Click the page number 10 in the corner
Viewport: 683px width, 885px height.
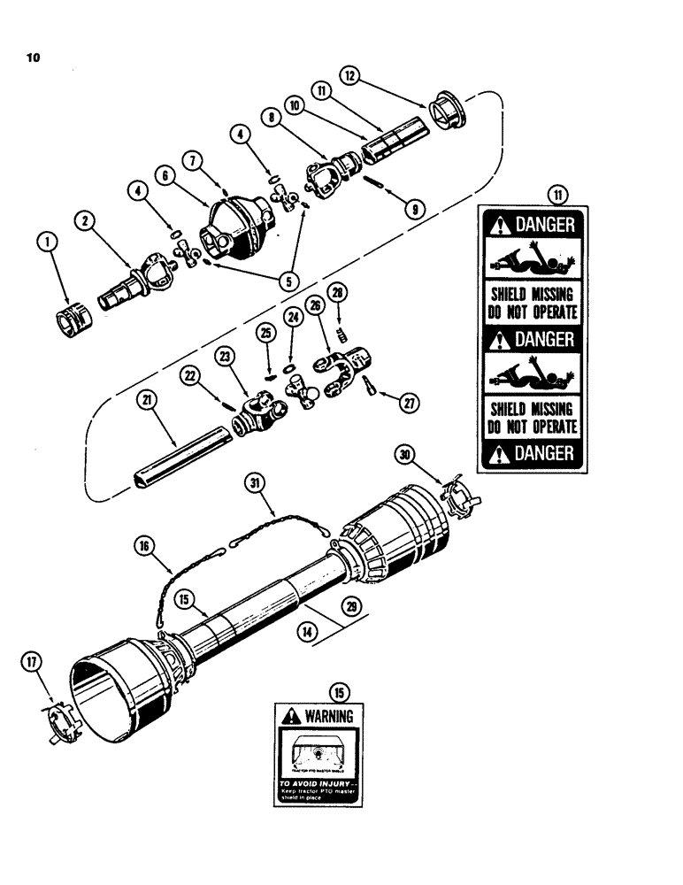[35, 59]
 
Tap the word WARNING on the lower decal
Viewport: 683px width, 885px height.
[328, 715]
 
